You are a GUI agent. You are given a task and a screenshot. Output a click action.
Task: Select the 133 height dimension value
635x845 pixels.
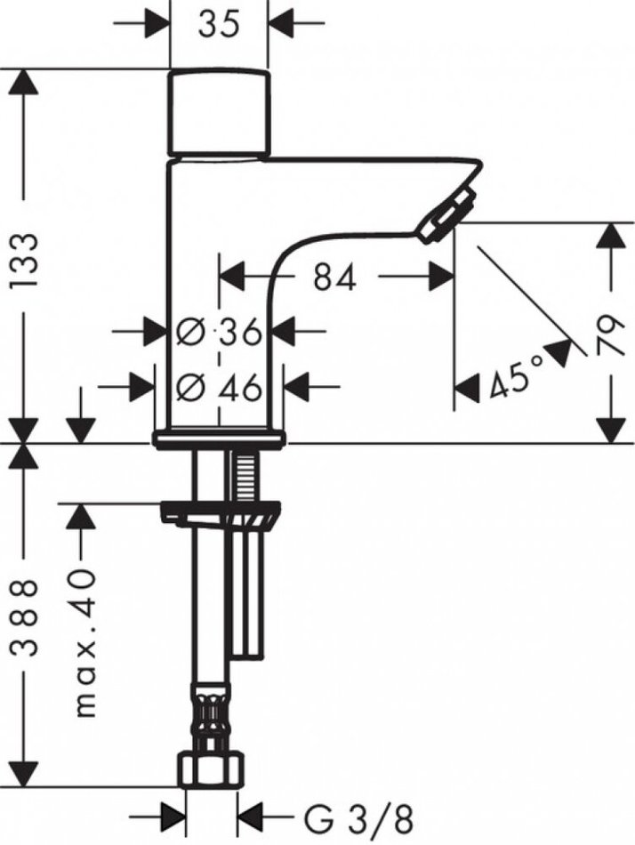pos(25,261)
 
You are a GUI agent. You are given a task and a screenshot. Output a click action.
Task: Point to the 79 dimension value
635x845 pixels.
pos(610,334)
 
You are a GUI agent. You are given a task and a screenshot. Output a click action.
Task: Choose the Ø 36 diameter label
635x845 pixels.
pos(220,332)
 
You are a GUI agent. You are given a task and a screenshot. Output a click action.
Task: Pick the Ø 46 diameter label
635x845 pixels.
pos(220,387)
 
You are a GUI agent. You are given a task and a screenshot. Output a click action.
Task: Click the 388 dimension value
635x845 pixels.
pos(25,617)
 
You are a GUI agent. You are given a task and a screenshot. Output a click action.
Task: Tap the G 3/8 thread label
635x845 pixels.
pos(359,822)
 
